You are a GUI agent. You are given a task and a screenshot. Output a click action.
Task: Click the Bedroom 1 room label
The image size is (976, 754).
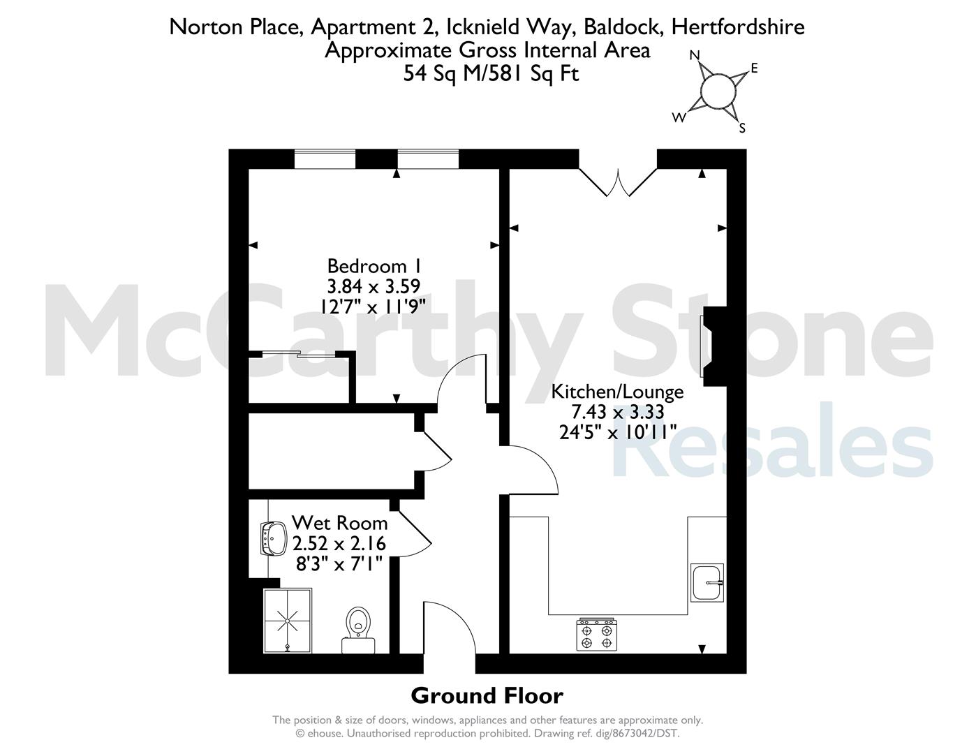pos(374,266)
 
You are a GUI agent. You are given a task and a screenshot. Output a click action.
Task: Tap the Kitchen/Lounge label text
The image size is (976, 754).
pos(617,392)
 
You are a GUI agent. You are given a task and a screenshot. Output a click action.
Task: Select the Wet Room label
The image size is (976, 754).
pos(339,523)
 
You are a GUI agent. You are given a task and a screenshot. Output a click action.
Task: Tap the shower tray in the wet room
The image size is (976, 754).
pos(288,621)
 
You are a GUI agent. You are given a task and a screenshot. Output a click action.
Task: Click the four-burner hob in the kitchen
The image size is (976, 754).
pos(597,634)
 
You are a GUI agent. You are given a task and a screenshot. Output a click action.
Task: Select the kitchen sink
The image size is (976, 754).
pos(707,582)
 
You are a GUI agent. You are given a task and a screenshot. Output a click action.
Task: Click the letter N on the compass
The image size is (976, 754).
pos(695,55)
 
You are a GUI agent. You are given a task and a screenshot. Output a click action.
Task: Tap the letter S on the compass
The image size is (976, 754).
pos(742,128)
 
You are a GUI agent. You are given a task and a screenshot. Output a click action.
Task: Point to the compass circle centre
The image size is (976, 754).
pos(718,91)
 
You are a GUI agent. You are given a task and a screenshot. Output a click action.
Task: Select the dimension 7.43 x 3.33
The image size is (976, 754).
pos(617,412)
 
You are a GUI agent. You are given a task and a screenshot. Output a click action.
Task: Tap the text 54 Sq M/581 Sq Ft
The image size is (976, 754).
pos(491,73)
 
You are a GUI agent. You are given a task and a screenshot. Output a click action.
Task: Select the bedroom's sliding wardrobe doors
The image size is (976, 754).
pos(299,355)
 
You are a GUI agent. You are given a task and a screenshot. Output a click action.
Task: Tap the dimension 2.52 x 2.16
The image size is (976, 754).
pos(339,544)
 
